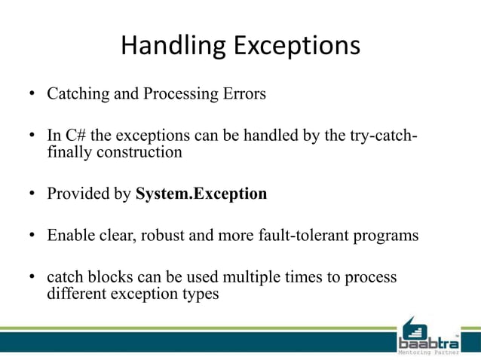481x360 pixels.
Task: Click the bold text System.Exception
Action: click(201, 194)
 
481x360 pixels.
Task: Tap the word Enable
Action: click(69, 235)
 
